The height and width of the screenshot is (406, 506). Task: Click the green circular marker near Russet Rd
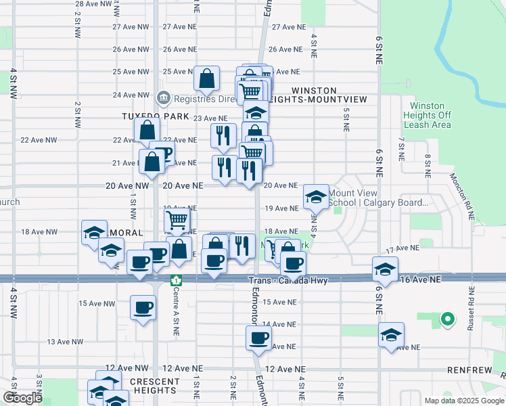click(446, 318)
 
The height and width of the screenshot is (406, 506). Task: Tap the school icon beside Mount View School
click(316, 196)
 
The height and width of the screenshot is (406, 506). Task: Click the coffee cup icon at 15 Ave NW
click(143, 307)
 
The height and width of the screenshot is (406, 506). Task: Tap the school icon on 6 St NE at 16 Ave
click(385, 269)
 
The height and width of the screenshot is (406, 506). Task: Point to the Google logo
click(22, 398)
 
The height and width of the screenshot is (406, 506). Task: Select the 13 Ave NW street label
click(61, 342)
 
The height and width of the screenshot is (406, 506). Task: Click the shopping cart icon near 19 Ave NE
click(177, 219)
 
